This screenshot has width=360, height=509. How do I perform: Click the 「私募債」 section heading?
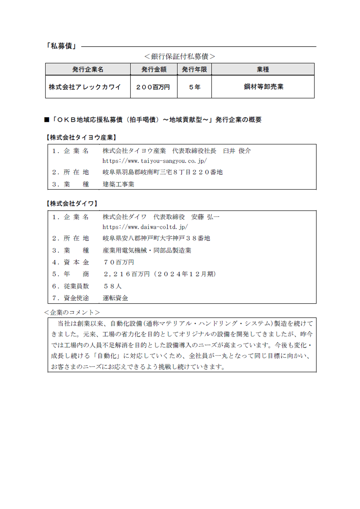click(61, 46)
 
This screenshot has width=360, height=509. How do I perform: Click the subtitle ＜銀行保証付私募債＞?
click(180, 56)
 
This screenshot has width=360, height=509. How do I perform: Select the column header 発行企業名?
click(88, 70)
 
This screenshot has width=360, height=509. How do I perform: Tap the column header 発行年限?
click(194, 70)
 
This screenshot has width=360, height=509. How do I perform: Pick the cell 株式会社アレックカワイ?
click(85, 87)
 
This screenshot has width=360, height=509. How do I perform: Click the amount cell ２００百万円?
click(153, 87)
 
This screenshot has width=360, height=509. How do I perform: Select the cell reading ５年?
click(194, 87)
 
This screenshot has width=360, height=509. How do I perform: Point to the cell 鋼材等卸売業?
click(263, 87)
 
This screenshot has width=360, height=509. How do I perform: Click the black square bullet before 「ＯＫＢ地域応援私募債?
click(47, 120)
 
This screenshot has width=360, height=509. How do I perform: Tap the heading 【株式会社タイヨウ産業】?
click(81, 137)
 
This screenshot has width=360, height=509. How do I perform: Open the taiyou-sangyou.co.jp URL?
click(154, 161)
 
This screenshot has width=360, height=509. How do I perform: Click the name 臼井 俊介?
click(237, 151)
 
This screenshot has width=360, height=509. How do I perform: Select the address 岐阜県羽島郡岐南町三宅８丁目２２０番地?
click(162, 172)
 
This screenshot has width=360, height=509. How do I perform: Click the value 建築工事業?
click(118, 184)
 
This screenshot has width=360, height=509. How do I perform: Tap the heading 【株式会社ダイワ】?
click(72, 204)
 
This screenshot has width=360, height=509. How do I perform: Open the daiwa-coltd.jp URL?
click(145, 227)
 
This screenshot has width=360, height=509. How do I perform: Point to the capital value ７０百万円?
click(119, 262)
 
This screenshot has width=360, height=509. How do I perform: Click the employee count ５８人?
click(113, 286)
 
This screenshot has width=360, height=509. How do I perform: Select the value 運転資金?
click(115, 298)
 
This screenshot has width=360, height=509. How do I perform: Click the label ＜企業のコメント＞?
click(72, 312)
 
